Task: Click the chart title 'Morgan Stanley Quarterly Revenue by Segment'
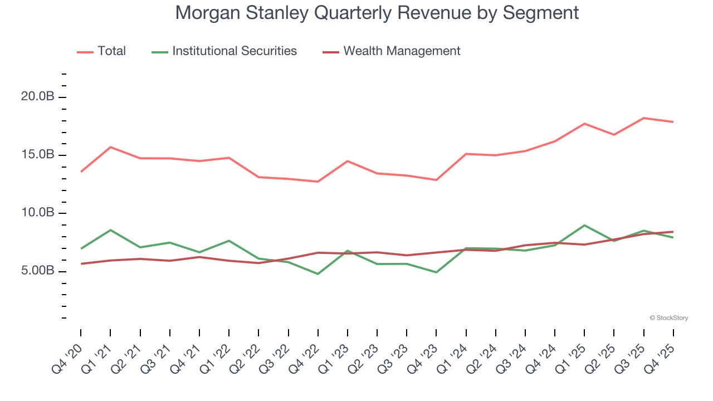tap(377, 13)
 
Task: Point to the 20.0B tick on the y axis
tap(38, 97)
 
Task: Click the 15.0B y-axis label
tap(38, 155)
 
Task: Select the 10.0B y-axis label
tap(38, 213)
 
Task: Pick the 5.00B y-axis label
tap(38, 271)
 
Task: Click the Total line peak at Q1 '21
tap(110, 147)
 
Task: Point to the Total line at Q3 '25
tap(644, 118)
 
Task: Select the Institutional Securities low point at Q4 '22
tap(318, 274)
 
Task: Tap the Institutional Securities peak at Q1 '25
tap(584, 225)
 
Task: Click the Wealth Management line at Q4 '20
tap(81, 264)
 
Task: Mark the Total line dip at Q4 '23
tap(436, 180)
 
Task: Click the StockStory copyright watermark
tap(668, 318)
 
